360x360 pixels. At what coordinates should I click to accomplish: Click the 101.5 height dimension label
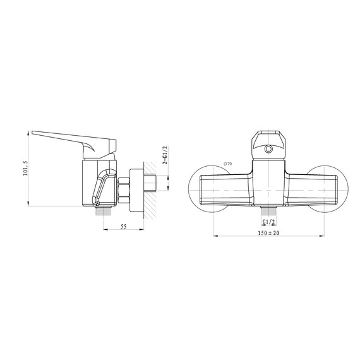click(x=25, y=168)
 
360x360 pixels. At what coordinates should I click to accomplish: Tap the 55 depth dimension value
click(x=124, y=226)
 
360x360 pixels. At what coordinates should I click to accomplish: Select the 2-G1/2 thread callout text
click(x=165, y=155)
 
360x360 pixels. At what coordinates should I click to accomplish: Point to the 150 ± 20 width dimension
click(x=268, y=233)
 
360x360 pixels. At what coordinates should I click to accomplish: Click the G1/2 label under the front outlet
click(x=268, y=222)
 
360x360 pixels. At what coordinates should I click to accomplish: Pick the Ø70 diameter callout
click(x=228, y=164)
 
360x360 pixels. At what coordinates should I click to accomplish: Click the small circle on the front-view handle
click(x=268, y=149)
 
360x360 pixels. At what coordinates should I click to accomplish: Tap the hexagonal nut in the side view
click(x=124, y=190)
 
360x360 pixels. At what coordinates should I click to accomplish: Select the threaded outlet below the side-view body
click(x=104, y=211)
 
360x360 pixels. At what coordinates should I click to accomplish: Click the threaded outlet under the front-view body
click(x=268, y=212)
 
